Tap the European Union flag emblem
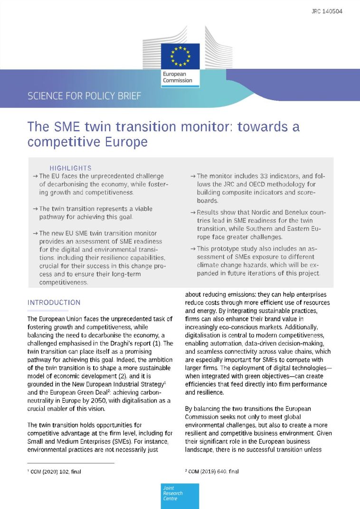(180, 56)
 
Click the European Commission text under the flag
(178, 77)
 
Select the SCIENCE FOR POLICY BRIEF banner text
(85, 96)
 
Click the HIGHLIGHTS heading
(70, 168)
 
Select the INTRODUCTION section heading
(54, 302)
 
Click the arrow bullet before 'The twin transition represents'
(36, 208)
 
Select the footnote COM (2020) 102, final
(59, 471)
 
